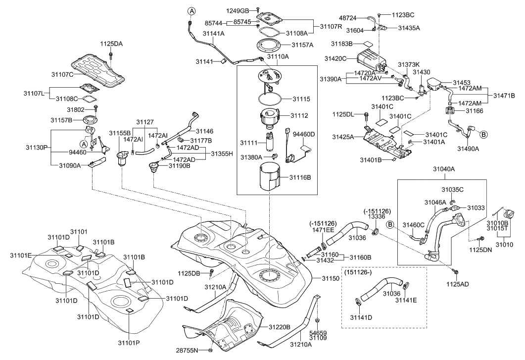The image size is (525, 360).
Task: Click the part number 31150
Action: [x=331, y=279]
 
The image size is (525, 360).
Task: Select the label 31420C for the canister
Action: [x=335, y=58]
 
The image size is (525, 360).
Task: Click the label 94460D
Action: [x=304, y=134]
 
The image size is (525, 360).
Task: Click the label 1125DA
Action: [x=112, y=44]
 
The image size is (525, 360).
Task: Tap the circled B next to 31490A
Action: [x=483, y=134]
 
